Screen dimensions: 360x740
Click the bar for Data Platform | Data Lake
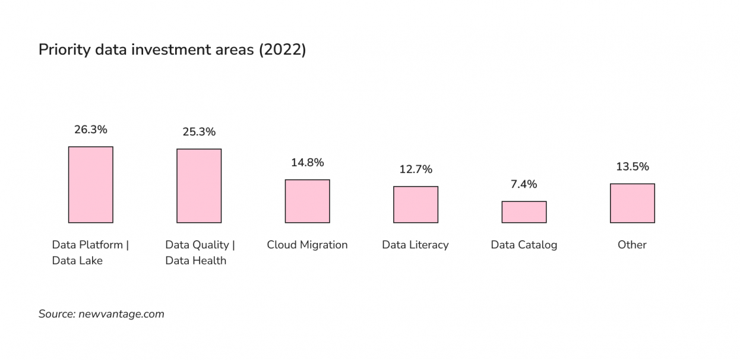pos(90,185)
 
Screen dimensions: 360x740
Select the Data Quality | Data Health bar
pos(199,186)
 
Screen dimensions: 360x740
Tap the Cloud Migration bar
pos(307,201)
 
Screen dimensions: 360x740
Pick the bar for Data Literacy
pos(416,205)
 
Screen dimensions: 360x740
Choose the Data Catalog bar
pos(524,212)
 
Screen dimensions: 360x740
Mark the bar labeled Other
pos(632,203)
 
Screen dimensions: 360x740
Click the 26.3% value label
pos(90,130)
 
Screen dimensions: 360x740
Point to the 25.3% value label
pos(199,132)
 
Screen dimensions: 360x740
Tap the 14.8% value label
pos(307,163)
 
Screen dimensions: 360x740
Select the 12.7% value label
pos(416,169)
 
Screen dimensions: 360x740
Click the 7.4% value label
pos(524,184)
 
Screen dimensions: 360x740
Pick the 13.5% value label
pos(632,167)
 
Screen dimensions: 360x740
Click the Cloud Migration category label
pos(307,245)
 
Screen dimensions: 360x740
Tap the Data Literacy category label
pos(415,245)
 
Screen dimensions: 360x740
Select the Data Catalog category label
pos(524,245)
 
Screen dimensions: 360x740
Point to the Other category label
pos(632,245)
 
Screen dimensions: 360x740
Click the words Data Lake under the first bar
pos(77,261)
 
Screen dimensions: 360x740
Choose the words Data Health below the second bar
pos(195,261)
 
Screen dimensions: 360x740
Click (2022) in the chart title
pos(282,50)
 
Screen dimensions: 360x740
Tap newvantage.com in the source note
pos(121,314)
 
